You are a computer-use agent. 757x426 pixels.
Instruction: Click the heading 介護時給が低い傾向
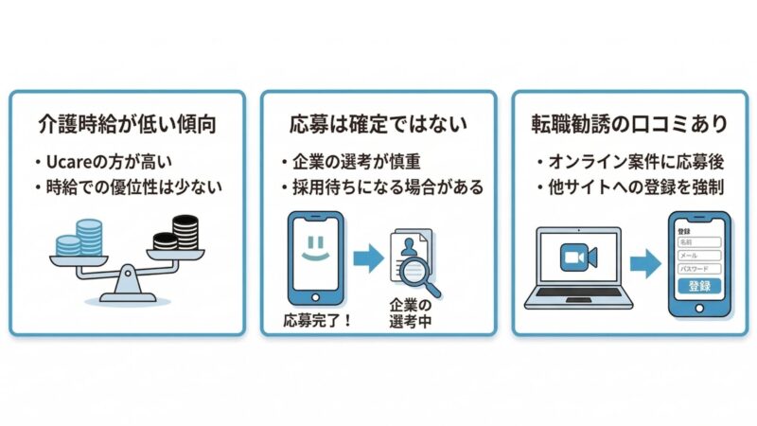pyautogui.click(x=128, y=124)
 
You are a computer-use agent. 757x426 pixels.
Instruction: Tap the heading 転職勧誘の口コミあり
pyautogui.click(x=628, y=124)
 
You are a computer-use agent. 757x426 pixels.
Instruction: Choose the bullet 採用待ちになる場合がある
pyautogui.click(x=383, y=187)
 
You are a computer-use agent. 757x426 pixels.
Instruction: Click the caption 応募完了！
pyautogui.click(x=318, y=320)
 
